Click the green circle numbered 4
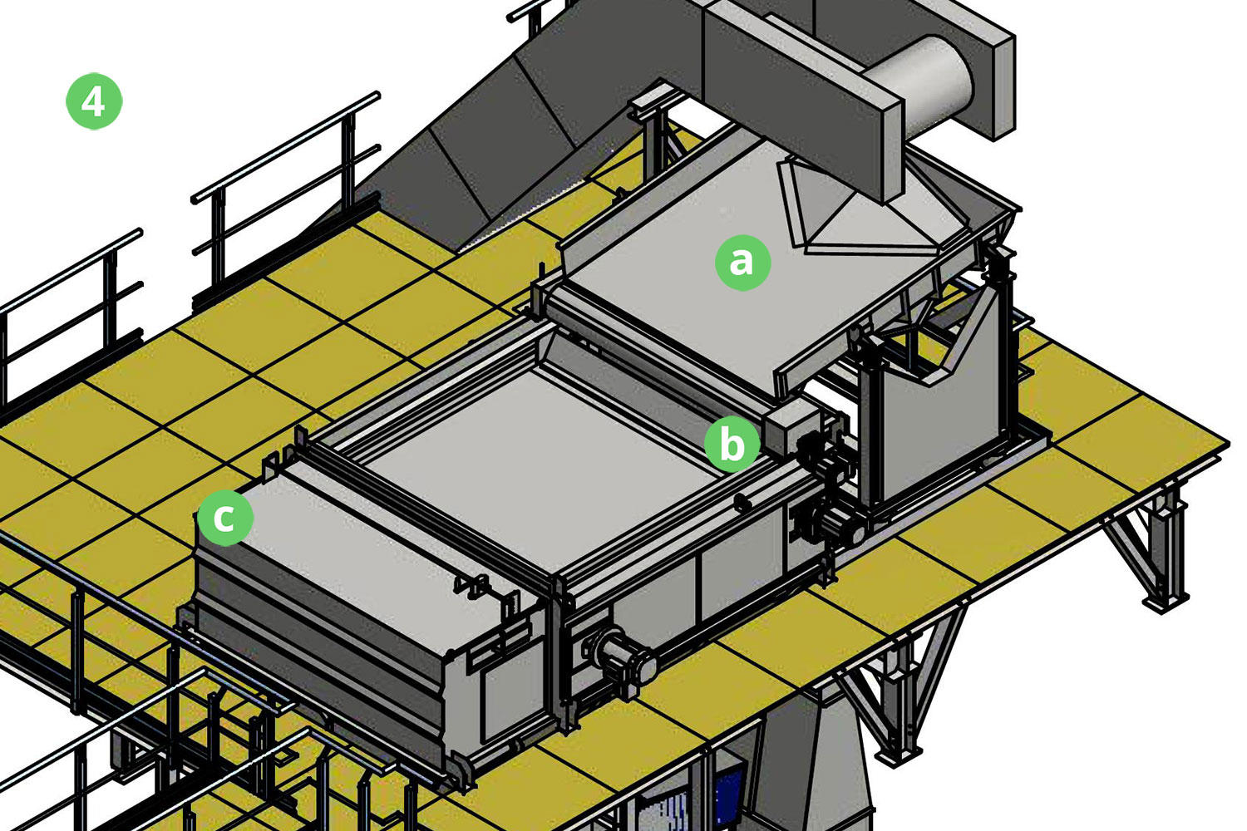tap(93, 101)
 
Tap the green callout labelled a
tap(742, 262)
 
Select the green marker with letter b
tap(732, 444)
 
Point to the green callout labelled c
tap(225, 518)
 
